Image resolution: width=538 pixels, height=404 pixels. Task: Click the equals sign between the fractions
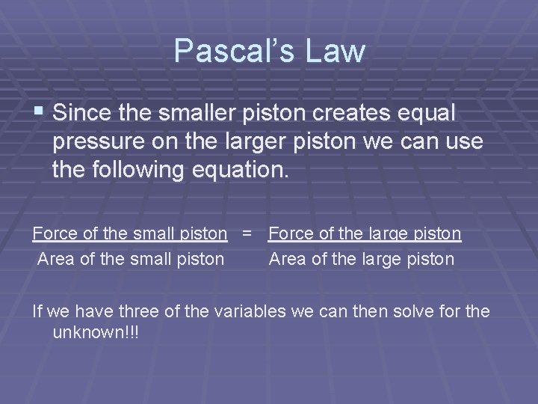click(247, 234)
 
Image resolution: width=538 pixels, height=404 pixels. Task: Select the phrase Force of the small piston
click(130, 234)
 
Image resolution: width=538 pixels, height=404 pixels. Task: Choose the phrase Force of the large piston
click(365, 234)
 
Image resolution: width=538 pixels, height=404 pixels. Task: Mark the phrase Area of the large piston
click(361, 259)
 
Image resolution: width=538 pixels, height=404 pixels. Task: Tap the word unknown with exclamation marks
click(96, 331)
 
